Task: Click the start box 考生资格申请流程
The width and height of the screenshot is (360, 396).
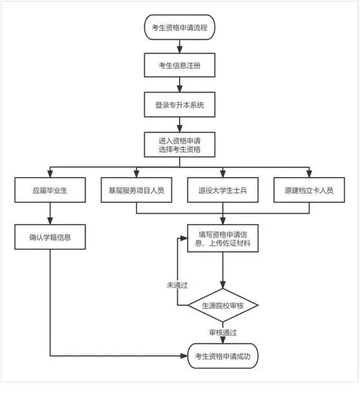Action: point(180,27)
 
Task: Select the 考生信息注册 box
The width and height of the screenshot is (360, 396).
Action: point(180,65)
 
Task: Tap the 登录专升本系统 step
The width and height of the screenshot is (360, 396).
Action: point(180,104)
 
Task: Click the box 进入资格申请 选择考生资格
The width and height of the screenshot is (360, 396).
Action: point(180,145)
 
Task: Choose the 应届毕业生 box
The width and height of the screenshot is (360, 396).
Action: point(50,190)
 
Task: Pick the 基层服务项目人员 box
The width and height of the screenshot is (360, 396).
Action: point(137,190)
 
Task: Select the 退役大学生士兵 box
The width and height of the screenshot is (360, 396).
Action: point(223,190)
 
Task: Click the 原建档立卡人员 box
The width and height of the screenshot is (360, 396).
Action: point(309,190)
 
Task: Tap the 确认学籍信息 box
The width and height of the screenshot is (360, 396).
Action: point(50,237)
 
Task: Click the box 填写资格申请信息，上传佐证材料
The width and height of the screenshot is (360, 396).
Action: point(223,238)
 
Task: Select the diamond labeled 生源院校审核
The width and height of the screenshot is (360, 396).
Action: point(223,305)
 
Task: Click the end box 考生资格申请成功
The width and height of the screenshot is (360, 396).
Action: point(223,356)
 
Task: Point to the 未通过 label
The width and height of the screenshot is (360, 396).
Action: point(177,285)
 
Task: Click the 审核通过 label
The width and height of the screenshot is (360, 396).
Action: point(223,332)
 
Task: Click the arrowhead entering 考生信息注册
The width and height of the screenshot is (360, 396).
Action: point(180,50)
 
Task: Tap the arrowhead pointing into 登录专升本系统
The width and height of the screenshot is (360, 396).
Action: point(180,89)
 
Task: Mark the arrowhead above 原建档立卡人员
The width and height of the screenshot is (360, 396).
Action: point(309,174)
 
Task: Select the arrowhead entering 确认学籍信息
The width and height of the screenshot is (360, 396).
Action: point(50,221)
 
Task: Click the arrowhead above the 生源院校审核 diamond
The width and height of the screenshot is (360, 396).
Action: point(223,285)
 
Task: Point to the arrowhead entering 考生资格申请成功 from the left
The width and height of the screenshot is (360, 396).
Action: point(184,356)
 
